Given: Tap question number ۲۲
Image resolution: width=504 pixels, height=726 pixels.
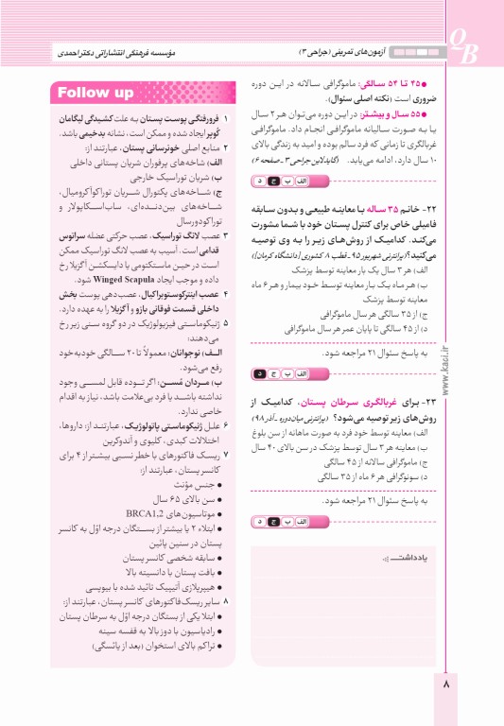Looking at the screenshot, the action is point(429,208).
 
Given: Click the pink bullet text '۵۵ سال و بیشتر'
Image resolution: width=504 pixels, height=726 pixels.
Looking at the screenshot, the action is point(397,112).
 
